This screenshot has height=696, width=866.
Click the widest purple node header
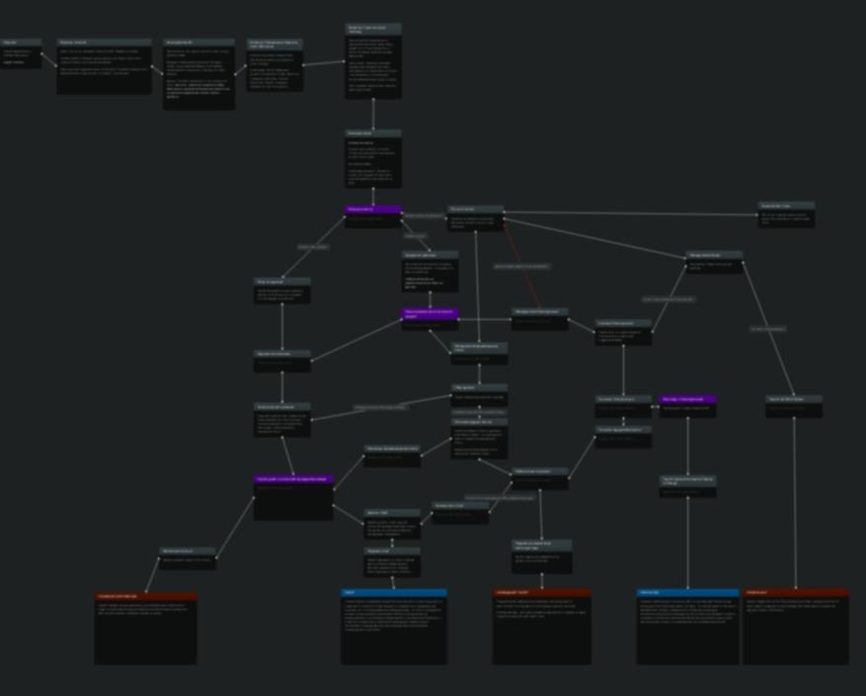point(294,479)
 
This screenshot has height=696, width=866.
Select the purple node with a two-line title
point(431,314)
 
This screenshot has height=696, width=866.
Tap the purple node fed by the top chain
point(373,211)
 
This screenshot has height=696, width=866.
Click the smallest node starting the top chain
point(21,53)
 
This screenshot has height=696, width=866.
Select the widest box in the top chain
point(104,66)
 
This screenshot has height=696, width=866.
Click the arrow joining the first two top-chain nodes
point(49,59)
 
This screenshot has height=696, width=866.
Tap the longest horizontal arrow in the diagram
point(631,214)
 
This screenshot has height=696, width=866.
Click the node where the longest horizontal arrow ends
point(786,215)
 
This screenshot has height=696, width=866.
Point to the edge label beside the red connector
point(520,267)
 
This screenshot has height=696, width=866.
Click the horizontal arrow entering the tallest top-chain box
point(324,64)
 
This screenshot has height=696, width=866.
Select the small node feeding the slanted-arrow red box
point(188,557)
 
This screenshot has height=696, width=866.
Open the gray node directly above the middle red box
point(542,557)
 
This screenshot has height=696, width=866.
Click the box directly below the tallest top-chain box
point(373,158)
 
